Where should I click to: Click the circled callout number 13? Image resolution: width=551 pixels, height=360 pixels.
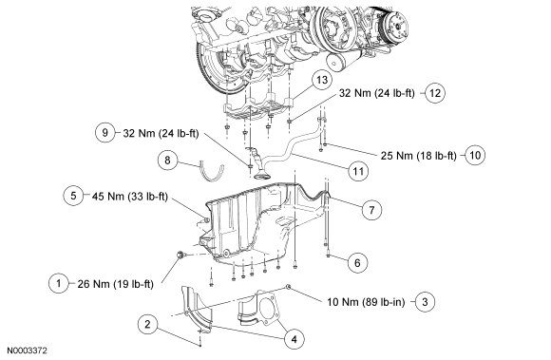322,80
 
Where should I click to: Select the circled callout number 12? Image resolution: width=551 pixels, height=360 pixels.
435,93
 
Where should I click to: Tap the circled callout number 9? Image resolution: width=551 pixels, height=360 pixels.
104,133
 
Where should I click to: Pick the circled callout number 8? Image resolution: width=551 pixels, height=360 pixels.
167,161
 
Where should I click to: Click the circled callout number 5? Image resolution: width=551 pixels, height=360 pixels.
73,196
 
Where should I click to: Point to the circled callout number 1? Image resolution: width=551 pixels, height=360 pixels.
58,283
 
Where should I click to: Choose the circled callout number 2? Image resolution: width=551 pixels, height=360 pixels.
148,324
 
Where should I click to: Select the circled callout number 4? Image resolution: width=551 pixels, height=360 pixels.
294,339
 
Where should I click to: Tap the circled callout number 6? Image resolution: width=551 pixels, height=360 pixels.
357,263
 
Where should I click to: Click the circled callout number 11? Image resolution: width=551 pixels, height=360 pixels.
358,171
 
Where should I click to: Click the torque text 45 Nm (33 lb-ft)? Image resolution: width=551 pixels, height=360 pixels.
130,197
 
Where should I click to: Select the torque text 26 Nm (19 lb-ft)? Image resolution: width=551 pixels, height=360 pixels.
115,284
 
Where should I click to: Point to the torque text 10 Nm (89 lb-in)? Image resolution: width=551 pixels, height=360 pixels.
366,302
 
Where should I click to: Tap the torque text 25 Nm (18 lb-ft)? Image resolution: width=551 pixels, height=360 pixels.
419,156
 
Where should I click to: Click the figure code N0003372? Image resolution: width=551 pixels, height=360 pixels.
27,351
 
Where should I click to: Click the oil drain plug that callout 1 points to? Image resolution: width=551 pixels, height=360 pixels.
180,255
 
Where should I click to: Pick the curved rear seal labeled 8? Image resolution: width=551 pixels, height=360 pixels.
211,171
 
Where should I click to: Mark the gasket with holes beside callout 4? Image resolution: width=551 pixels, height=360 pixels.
268,308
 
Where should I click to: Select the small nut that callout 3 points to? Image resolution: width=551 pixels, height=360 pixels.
288,287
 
